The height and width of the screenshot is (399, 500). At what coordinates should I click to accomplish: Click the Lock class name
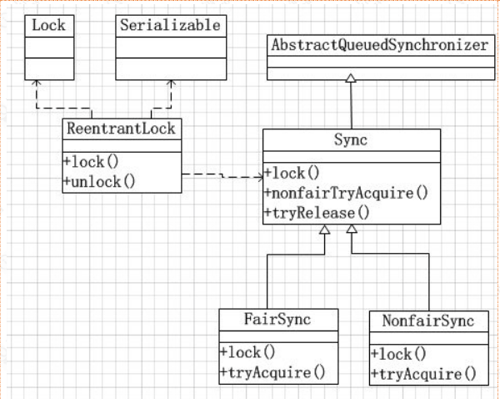pyautogui.click(x=48, y=25)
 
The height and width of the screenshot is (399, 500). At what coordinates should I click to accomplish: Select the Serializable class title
pyautogui.click(x=170, y=25)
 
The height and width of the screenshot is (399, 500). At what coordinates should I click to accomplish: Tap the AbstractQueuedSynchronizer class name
pyautogui.click(x=377, y=45)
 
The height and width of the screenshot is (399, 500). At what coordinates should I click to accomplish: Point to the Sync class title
pyautogui.click(x=352, y=140)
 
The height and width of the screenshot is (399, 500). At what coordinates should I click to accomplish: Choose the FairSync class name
pyautogui.click(x=278, y=320)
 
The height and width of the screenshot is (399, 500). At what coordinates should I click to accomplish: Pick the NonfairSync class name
pyautogui.click(x=427, y=321)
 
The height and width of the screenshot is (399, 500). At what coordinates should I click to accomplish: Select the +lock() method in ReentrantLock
pyautogui.click(x=92, y=160)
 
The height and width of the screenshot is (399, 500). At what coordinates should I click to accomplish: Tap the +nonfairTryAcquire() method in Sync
pyautogui.click(x=346, y=193)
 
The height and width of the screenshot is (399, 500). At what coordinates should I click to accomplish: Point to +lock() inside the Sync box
pyautogui.click(x=292, y=174)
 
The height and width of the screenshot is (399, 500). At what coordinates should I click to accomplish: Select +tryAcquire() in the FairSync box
pyautogui.click(x=272, y=371)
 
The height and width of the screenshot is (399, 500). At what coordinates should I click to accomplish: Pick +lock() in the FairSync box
pyautogui.click(x=248, y=352)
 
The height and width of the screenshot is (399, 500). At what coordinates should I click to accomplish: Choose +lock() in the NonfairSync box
pyautogui.click(x=399, y=353)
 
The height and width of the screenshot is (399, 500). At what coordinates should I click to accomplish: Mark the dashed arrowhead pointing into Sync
pyautogui.click(x=258, y=177)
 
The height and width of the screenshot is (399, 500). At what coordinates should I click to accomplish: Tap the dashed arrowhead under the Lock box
pyautogui.click(x=37, y=83)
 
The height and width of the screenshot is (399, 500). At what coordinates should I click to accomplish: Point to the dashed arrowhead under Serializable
pyautogui.click(x=171, y=83)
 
